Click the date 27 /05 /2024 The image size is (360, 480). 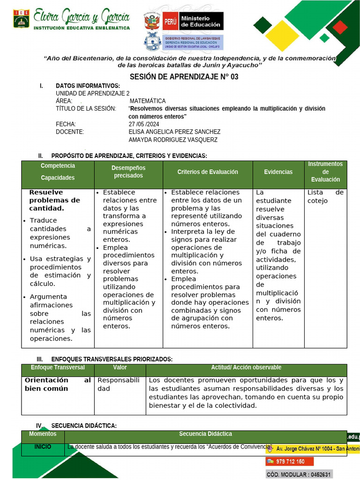pyautogui.click(x=144, y=124)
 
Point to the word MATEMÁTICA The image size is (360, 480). pyautogui.click(x=147, y=101)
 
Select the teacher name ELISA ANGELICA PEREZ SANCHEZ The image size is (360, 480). pyautogui.click(x=174, y=132)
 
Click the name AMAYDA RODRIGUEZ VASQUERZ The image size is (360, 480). pyautogui.click(x=173, y=140)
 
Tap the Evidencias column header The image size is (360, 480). pyautogui.click(x=278, y=172)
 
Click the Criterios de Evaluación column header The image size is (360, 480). pyautogui.click(x=208, y=172)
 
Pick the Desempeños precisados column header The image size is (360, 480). pyautogui.click(x=128, y=172)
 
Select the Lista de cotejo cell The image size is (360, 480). pyautogui.click(x=325, y=196)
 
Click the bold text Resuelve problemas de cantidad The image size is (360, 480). pyautogui.click(x=54, y=200)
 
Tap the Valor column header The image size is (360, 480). pyautogui.click(x=120, y=367)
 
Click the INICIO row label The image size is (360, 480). pyautogui.click(x=43, y=447)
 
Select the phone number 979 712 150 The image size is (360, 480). pyautogui.click(x=290, y=462)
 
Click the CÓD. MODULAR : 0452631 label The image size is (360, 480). pyautogui.click(x=299, y=474)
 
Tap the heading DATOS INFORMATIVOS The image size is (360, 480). pyautogui.click(x=88, y=86)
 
